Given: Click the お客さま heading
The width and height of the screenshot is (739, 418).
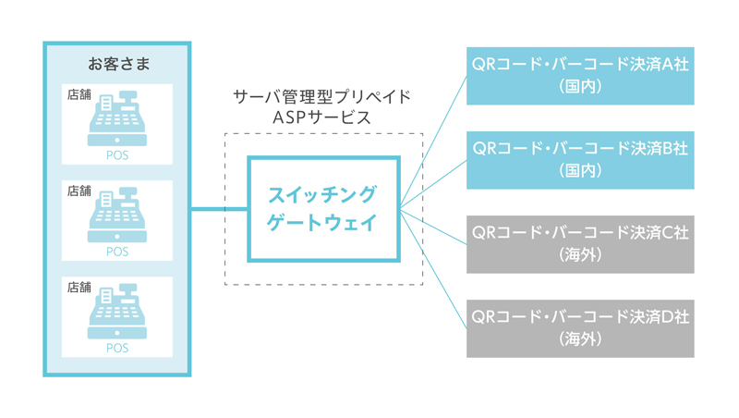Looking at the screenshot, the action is (119, 64).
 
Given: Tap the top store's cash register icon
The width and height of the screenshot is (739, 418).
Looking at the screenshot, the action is (117, 118).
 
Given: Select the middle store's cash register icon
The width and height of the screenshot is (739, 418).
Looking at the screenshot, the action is (117, 215).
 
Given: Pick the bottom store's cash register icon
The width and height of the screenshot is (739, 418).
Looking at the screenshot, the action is (117, 311).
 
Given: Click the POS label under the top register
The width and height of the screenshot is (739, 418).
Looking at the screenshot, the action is (117, 155).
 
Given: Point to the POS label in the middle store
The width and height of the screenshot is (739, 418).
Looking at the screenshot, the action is (117, 252).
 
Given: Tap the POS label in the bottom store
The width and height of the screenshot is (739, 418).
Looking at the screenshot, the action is (117, 348).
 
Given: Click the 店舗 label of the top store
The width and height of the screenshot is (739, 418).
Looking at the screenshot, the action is (79, 95).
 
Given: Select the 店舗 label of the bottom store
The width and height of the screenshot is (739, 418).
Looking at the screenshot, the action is (79, 288).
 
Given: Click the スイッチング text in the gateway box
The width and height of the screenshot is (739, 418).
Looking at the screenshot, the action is (322, 195).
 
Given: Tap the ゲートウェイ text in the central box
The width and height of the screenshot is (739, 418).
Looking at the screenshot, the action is (322, 222).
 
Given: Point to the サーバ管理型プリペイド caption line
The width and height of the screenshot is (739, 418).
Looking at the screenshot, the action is (322, 97).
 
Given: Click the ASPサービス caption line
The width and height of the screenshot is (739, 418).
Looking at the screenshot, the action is (322, 117).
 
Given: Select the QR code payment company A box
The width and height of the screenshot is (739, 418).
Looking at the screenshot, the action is (580, 76).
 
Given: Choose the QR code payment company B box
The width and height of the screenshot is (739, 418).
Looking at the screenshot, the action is (580, 160).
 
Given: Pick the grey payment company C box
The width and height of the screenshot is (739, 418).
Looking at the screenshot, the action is (580, 244).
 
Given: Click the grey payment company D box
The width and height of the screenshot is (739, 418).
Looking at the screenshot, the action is (580, 329).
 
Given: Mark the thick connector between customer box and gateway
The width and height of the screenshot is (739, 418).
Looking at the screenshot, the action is (219, 208).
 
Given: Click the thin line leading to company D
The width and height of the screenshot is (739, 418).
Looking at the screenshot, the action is (433, 268).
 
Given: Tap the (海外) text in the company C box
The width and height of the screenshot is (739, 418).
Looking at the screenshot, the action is (580, 255).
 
